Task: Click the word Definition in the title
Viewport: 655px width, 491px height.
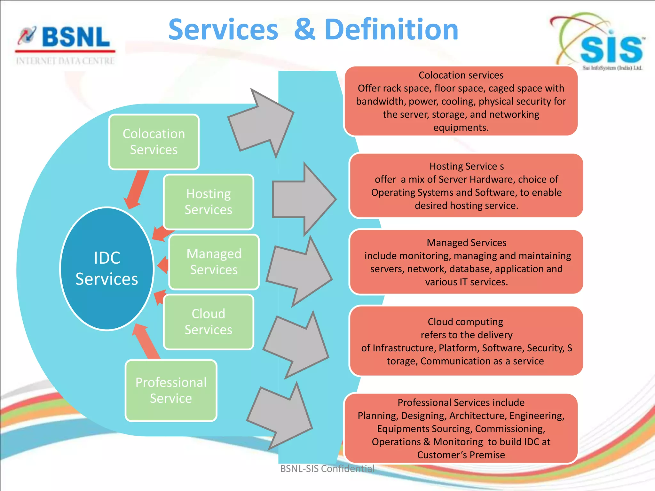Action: point(391,29)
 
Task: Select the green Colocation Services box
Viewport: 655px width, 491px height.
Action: point(154,142)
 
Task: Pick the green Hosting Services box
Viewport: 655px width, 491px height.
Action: point(209,202)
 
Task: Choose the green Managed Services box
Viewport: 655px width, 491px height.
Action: point(214,262)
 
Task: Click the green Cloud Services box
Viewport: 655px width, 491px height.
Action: point(209,322)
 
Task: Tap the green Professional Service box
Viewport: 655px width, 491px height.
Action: point(171,390)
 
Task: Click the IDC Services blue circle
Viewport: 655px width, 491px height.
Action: point(107,269)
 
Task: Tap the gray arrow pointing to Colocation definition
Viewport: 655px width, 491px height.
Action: point(261,123)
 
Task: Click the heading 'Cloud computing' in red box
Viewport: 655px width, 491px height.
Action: point(465,322)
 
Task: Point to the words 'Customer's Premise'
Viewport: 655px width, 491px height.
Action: point(461,455)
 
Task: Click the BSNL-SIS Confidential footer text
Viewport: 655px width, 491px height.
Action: point(327,469)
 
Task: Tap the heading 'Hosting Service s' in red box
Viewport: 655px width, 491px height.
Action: point(466,166)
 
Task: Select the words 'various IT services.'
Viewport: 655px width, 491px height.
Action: point(466,282)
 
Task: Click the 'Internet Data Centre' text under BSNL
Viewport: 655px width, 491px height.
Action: point(65,61)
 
